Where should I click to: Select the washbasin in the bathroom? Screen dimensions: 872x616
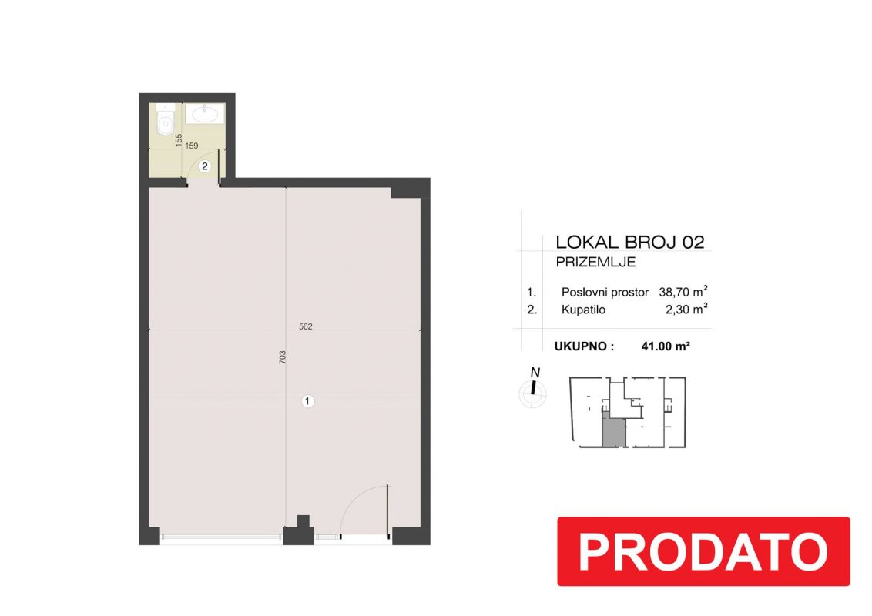click(205, 113)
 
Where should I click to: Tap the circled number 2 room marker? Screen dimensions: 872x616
click(205, 166)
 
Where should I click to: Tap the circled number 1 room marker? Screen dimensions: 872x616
click(307, 401)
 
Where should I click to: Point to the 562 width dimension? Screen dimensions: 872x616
click(306, 326)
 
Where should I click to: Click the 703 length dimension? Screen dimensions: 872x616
click(282, 357)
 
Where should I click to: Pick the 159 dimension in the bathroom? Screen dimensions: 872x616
click(191, 146)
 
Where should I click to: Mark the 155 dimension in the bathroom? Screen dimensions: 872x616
click(179, 139)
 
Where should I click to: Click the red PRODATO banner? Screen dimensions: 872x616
click(703, 551)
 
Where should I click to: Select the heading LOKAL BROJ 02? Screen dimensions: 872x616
click(630, 242)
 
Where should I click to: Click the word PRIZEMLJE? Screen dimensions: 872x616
click(595, 263)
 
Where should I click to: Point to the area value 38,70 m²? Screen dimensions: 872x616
click(683, 291)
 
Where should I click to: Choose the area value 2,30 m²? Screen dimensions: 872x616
click(686, 309)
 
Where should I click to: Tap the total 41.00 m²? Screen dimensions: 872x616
click(666, 346)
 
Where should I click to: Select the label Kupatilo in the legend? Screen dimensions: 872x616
click(583, 310)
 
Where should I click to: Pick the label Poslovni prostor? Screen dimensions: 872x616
click(605, 293)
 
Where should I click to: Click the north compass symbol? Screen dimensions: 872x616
click(533, 390)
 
